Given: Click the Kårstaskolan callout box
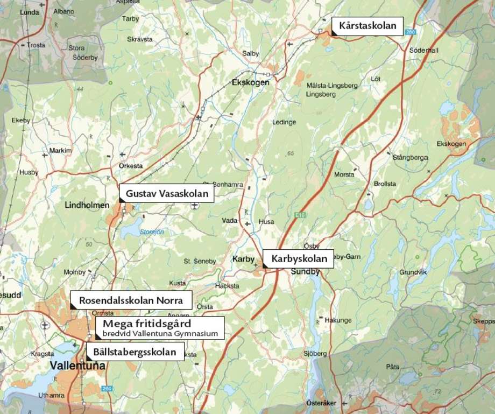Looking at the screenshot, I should (x=367, y=26).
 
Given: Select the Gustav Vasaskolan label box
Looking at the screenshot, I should (x=166, y=193).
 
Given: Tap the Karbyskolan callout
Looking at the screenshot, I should (x=299, y=259).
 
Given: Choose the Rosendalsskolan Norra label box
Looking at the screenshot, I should (x=131, y=300).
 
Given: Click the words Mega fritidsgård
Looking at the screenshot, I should (x=146, y=324).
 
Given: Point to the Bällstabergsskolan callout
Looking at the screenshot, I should (x=135, y=353).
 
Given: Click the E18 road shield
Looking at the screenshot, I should (x=300, y=215).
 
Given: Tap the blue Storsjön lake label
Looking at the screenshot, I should (x=152, y=232).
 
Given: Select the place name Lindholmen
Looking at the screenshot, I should (x=87, y=205).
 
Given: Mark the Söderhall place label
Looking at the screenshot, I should (x=423, y=50).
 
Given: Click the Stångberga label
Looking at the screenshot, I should (x=410, y=158).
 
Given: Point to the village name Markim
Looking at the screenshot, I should (x=60, y=151).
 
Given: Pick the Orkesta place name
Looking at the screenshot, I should (x=131, y=166).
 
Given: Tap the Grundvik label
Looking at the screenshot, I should (x=413, y=272).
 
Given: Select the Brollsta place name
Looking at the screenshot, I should (x=385, y=184).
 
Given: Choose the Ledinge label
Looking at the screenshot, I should (x=284, y=122).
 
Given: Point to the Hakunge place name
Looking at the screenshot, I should (x=337, y=320).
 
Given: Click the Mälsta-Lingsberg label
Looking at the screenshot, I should (x=332, y=86).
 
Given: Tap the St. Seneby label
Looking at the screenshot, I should (x=200, y=262).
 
